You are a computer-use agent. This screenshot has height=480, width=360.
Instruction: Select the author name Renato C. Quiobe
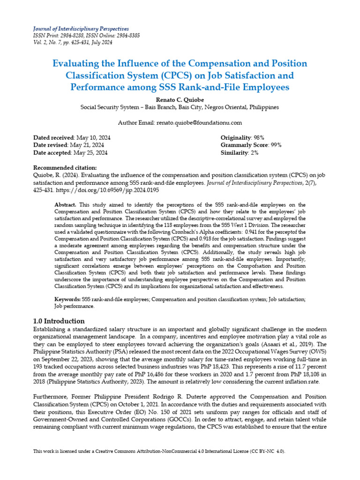click(x=180, y=99)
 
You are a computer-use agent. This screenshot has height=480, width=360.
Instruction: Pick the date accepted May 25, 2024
click(x=91, y=152)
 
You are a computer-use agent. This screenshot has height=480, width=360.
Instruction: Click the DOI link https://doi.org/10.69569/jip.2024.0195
click(x=107, y=191)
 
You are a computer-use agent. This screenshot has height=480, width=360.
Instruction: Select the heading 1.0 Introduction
click(x=59, y=321)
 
